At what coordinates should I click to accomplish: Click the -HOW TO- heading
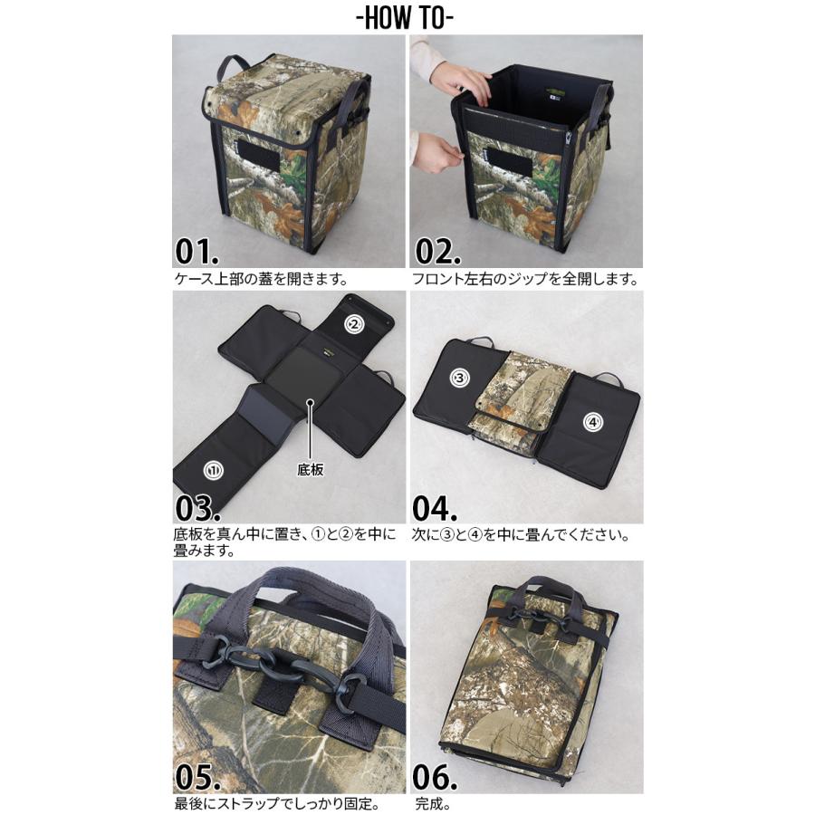pyautogui.click(x=407, y=18)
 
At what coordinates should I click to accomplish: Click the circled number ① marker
pyautogui.click(x=214, y=470)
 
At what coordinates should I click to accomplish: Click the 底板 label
pyautogui.click(x=311, y=470)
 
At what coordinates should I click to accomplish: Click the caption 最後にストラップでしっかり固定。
pyautogui.click(x=277, y=803)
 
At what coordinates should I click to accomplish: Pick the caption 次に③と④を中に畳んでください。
pyautogui.click(x=521, y=534)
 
